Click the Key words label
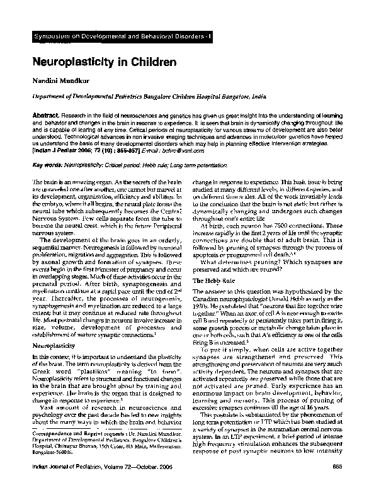[x=46, y=163]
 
